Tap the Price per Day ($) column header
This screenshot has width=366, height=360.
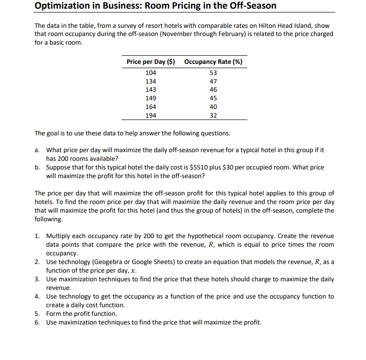pyautogui.click(x=150, y=62)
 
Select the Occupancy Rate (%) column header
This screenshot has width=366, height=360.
pyautogui.click(x=213, y=62)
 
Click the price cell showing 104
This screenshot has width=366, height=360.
pyautogui.click(x=150, y=72)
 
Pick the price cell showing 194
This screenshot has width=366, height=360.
pyautogui.click(x=150, y=116)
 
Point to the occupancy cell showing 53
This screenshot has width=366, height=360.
pyautogui.click(x=213, y=72)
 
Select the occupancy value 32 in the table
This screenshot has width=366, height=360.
pyautogui.click(x=213, y=116)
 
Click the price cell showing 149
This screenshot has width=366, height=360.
pyautogui.click(x=150, y=98)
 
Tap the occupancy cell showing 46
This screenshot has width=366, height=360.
pyautogui.click(x=213, y=90)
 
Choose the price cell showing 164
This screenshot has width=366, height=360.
pyautogui.click(x=150, y=107)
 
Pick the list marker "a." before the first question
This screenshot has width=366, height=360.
pyautogui.click(x=37, y=150)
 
